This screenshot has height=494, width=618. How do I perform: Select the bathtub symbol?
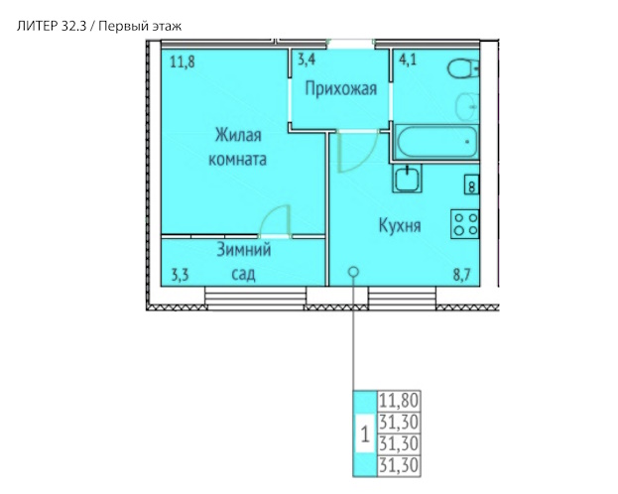pos(436,142)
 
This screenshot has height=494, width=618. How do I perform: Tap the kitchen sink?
pos(407,179)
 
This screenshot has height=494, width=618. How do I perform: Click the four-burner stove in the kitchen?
pos(465,224)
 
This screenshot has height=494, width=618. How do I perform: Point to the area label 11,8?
pos(183,62)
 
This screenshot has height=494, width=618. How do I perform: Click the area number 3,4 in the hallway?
pos(307,60)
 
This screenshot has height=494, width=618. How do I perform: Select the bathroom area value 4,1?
pos(408,60)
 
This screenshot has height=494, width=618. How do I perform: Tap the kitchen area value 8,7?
pos(461,275)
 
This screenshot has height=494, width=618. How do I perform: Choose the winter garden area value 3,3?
pos(181,275)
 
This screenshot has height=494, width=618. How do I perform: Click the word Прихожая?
pos(341,88)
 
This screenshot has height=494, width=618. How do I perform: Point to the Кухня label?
pos(400,225)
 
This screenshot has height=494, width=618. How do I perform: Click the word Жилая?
pos(238,135)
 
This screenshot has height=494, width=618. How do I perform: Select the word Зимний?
pos(244,250)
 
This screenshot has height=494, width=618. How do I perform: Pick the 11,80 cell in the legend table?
pos(399,401)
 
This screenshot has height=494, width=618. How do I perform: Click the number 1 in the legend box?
pos(365,434)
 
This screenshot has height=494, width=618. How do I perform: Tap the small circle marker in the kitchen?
pos(354,271)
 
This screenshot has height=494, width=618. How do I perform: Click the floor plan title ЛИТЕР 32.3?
pos(52,27)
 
